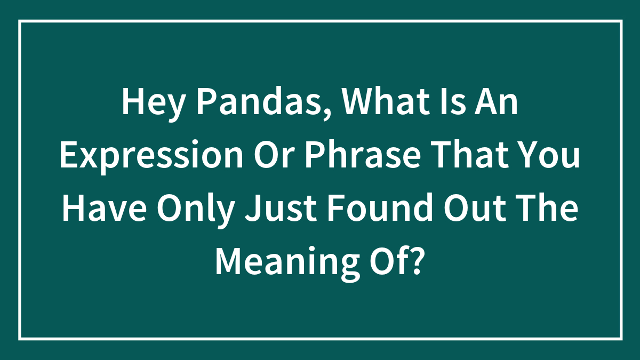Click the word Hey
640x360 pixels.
(x=152, y=102)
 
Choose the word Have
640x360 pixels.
(x=105, y=208)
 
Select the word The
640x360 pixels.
(x=552, y=208)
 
